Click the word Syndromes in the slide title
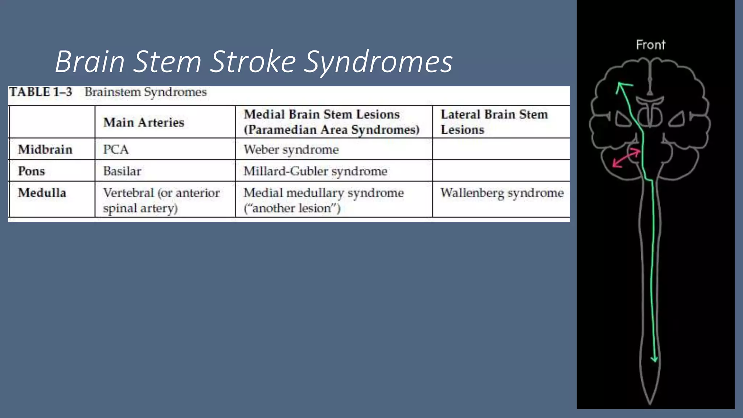coord(378,62)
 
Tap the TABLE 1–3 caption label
coord(41,92)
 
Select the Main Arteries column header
coord(144,123)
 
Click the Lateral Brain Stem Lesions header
coord(494,122)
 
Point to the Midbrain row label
coord(45,149)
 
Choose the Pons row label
coord(32,171)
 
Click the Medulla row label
coord(42,193)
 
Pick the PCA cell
coord(116,149)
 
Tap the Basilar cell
coord(122,171)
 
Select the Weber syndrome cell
coord(291,149)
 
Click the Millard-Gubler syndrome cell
coord(315,171)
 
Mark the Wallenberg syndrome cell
coord(502,193)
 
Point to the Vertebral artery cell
coord(161,200)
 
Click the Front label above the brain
coord(650,45)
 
